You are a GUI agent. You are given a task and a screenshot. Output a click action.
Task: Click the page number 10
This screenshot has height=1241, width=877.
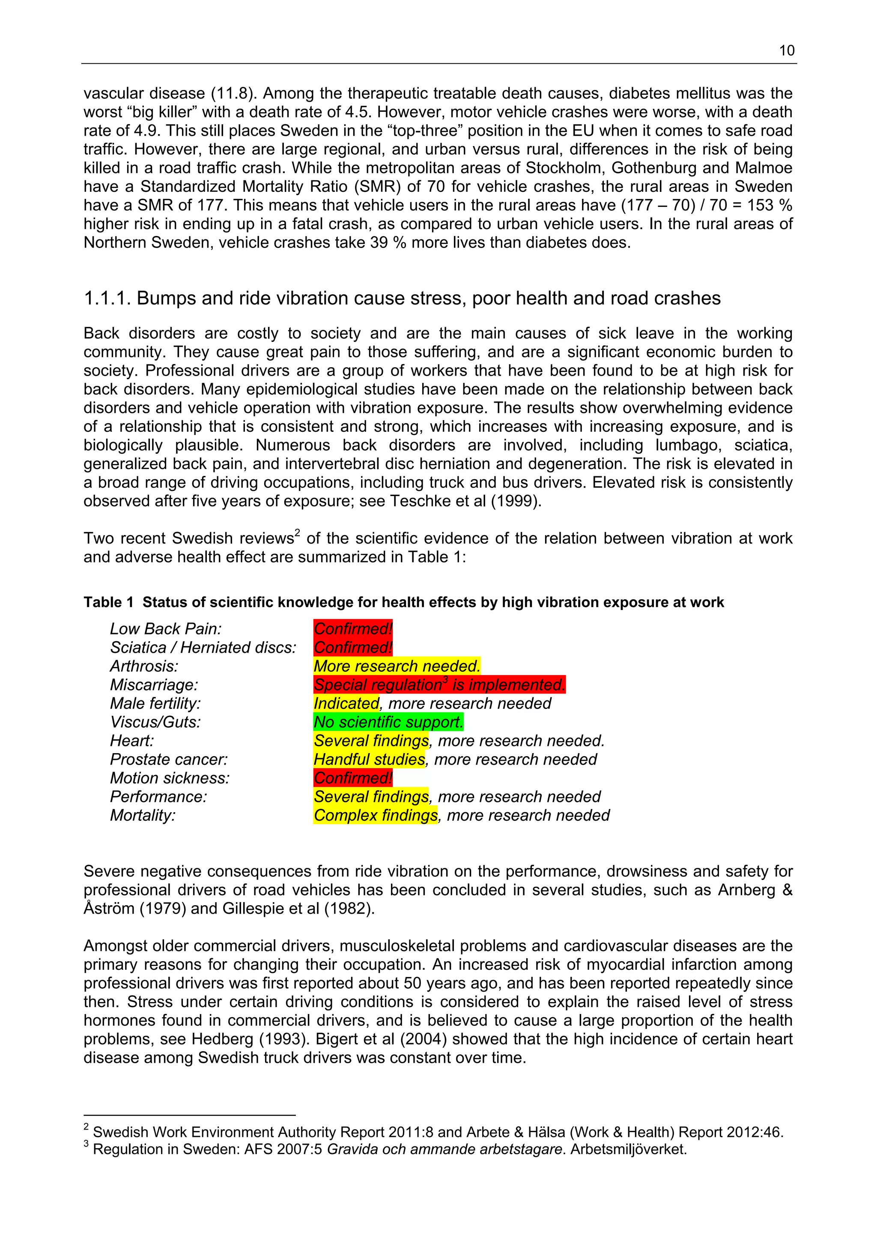tap(786, 51)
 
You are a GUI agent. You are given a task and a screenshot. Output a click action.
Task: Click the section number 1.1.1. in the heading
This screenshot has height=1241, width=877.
tap(107, 298)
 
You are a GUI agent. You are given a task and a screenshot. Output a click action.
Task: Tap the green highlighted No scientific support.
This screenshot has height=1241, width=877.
tap(388, 722)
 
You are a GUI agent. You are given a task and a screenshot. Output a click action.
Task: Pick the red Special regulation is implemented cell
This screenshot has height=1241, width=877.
tap(439, 685)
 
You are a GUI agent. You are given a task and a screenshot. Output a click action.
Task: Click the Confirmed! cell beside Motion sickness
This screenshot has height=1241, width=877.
tap(353, 778)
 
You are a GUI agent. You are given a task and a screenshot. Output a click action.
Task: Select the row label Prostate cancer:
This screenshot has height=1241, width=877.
tap(169, 760)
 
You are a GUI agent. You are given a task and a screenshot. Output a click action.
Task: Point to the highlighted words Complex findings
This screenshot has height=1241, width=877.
tap(376, 815)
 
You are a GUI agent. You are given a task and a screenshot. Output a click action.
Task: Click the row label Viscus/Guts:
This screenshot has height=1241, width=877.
tap(155, 722)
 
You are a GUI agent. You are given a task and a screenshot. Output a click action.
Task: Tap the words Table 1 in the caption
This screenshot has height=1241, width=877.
tap(108, 602)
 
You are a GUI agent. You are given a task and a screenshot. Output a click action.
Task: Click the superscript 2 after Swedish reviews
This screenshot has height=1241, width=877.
tap(297, 534)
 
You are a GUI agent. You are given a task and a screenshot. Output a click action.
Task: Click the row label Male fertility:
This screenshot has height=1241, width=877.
tap(155, 703)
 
